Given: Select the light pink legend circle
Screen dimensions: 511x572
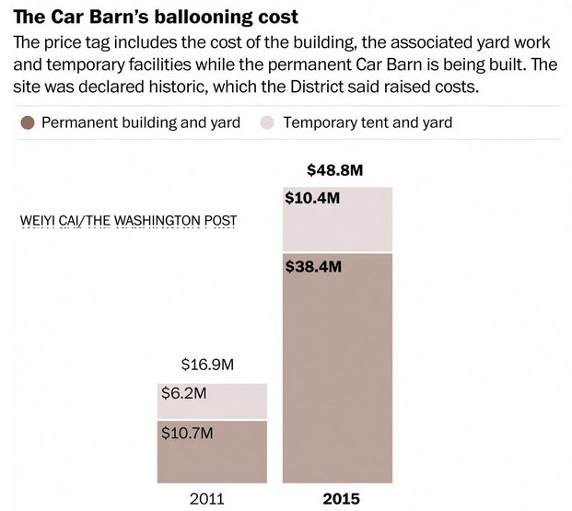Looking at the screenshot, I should [x=269, y=122].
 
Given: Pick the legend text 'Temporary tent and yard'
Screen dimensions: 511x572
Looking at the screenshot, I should [x=368, y=122].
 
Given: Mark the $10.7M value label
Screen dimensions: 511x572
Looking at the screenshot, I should [x=190, y=433].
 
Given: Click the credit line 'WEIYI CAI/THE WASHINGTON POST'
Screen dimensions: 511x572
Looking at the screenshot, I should [x=128, y=221].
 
